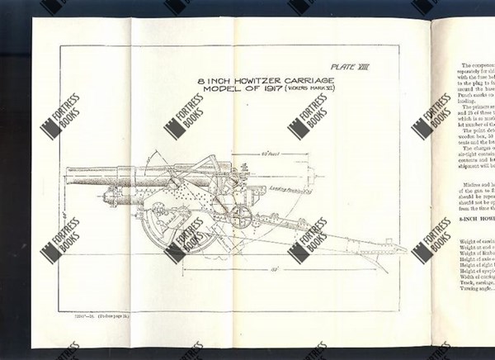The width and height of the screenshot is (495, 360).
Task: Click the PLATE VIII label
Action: click(x=352, y=63)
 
